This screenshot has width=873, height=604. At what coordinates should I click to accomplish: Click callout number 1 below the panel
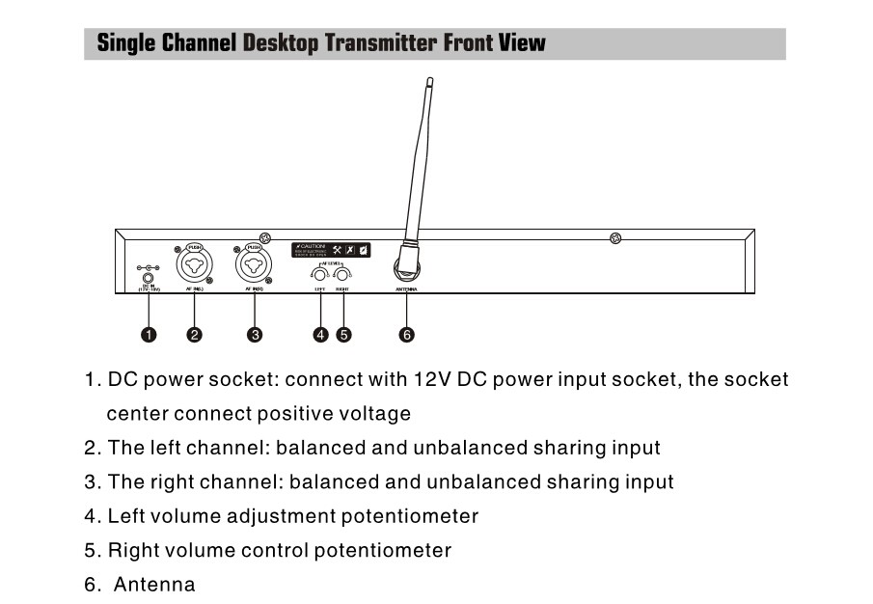(x=149, y=335)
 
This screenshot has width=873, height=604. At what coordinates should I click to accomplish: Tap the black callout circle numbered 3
(x=255, y=335)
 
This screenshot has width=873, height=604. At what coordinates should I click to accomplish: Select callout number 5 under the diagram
(x=343, y=335)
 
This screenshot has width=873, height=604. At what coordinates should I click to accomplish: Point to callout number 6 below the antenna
(x=406, y=335)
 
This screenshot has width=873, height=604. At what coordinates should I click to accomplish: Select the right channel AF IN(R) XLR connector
(x=254, y=262)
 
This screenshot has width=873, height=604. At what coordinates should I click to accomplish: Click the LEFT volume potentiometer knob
(x=320, y=276)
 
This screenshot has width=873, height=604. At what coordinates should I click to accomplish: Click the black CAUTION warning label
(x=332, y=250)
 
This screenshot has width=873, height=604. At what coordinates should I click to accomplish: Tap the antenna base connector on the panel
(x=406, y=262)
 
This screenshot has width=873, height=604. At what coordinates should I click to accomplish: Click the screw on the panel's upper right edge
(x=616, y=238)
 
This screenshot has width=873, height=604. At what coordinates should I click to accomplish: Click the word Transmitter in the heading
(x=383, y=43)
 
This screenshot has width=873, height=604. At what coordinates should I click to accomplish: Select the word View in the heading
(x=522, y=43)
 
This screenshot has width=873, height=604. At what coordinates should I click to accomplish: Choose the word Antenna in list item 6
(x=154, y=585)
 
